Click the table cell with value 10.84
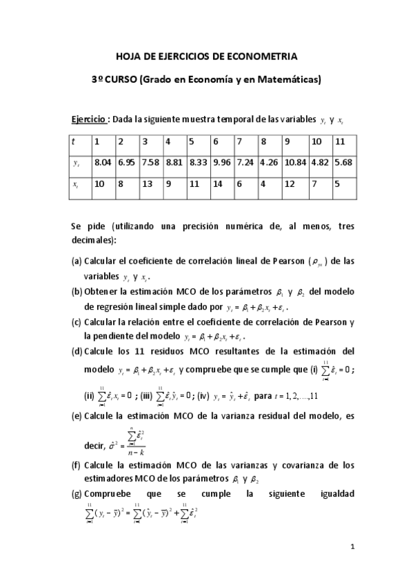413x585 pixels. coord(294,163)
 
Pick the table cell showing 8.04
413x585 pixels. coord(103,163)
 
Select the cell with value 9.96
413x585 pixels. coord(221,163)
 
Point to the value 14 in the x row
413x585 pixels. coord(217,185)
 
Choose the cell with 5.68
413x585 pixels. coord(342,163)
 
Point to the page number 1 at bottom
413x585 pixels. coord(352,548)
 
